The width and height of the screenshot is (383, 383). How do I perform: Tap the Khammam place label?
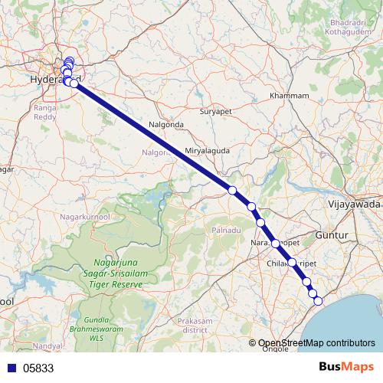pos(290,96)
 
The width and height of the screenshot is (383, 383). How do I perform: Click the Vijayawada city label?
pos(353,205)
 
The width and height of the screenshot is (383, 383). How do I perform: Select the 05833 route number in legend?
pos(38,368)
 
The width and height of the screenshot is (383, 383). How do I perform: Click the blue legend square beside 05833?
pos(11,368)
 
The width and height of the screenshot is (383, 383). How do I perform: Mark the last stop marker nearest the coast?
pos(318,300)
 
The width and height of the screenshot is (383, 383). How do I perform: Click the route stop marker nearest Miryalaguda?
pos(231,190)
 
